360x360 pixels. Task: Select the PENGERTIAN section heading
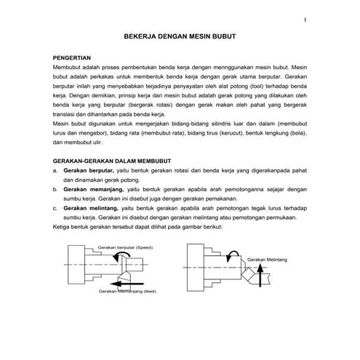coord(71,55)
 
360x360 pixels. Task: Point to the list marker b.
coord(56,188)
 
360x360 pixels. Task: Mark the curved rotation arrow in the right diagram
coord(233,256)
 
